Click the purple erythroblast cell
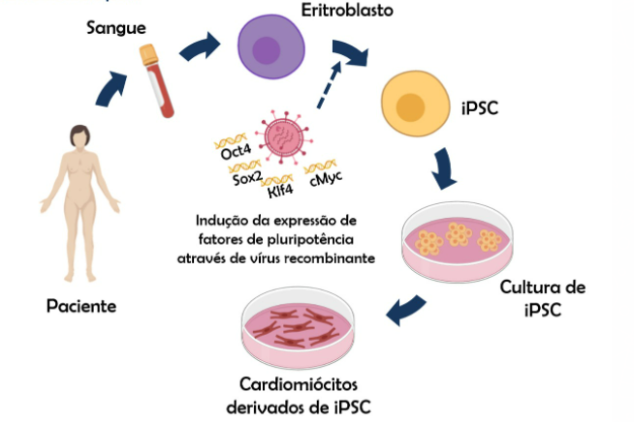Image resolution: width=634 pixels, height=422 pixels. point(272,49)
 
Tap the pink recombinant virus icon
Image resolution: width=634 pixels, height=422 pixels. point(286,141)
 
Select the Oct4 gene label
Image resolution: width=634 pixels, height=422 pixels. point(236,153)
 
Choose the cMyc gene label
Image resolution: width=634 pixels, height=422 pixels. point(327,178)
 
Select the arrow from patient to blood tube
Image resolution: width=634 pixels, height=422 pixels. point(112,88)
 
